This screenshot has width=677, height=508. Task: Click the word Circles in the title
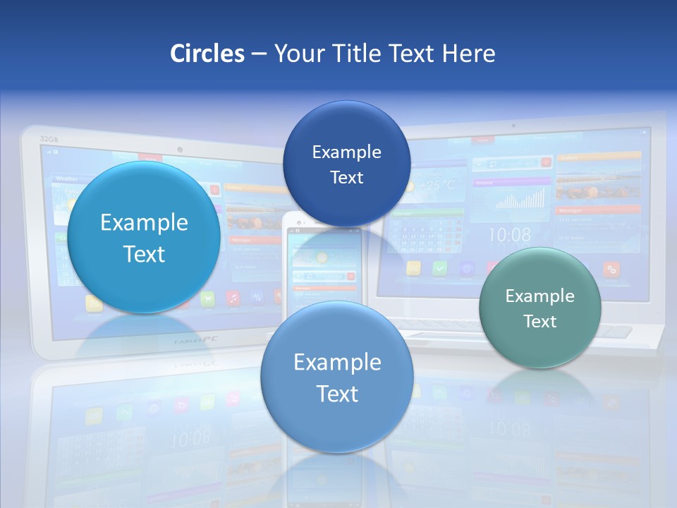(207, 54)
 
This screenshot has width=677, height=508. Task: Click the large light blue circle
(144, 238)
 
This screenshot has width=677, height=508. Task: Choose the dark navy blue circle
(346, 164)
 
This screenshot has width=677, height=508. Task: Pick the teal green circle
(539, 308)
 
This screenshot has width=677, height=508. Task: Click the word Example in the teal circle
(539, 296)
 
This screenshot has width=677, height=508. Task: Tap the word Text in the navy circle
(346, 177)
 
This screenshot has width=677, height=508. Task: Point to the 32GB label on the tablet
(49, 139)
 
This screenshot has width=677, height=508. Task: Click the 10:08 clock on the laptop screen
(509, 234)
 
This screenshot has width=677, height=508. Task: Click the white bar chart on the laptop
(520, 199)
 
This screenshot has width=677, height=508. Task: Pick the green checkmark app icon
(439, 268)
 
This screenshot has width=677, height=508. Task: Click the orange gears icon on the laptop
(611, 269)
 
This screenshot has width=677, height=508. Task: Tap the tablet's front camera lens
(180, 150)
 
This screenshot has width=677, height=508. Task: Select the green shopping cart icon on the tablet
(207, 299)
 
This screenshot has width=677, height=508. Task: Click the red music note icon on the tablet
(233, 298)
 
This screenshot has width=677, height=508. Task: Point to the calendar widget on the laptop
(427, 233)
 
